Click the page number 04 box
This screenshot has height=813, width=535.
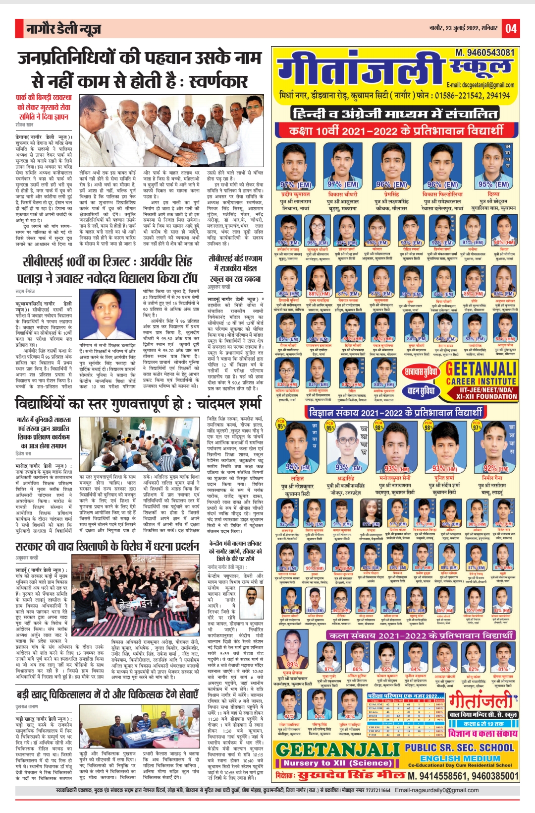pyautogui.click(x=511, y=29)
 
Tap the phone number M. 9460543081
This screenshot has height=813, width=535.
pyautogui.click(x=485, y=52)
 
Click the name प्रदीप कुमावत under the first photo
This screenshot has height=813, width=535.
pyautogui.click(x=296, y=194)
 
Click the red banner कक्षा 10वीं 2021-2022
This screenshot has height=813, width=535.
pyautogui.click(x=395, y=130)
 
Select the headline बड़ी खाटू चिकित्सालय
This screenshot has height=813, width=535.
pyautogui.click(x=107, y=694)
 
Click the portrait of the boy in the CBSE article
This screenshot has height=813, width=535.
pyautogui.click(x=110, y=311)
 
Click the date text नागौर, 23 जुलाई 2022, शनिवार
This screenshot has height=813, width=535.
pyautogui.click(x=463, y=28)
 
